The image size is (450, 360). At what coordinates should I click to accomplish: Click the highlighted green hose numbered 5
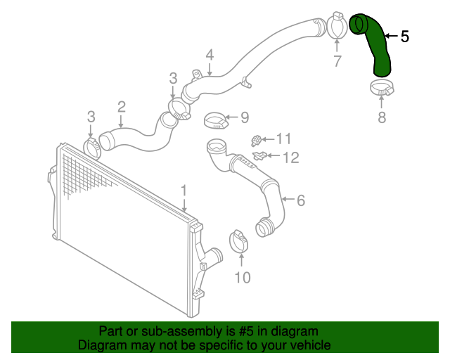click(378, 42)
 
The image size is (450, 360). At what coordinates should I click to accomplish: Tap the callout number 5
click(404, 37)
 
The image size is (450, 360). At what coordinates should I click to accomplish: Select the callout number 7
click(337, 62)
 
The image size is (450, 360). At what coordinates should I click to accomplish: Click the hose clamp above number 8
click(382, 89)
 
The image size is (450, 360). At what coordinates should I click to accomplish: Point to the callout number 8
click(382, 117)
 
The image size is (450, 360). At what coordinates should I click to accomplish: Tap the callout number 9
click(245, 117)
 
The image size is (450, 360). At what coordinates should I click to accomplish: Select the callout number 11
click(283, 139)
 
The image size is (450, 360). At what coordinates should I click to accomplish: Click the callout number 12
click(290, 157)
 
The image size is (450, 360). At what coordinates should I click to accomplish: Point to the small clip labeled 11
click(257, 139)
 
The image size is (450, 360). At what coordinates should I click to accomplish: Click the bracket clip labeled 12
click(258, 155)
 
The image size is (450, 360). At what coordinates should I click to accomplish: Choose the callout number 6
click(300, 200)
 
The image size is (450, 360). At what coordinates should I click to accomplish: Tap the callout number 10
click(241, 278)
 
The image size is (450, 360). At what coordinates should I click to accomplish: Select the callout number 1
click(184, 191)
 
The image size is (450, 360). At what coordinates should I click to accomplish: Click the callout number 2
click(122, 107)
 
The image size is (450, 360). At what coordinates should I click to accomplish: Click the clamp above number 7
click(336, 27)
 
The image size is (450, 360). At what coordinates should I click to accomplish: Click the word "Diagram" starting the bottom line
click(101, 345)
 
